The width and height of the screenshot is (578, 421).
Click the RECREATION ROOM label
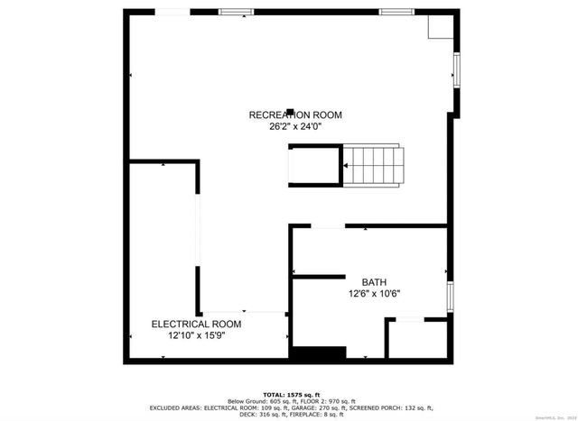295,114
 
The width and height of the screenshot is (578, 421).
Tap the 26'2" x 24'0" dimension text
295,127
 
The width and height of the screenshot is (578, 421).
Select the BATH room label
374,281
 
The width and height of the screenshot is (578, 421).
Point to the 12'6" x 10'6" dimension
374,293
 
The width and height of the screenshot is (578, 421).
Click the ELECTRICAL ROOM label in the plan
196,324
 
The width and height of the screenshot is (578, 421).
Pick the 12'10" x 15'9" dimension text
196,335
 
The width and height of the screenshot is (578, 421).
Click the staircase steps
373,165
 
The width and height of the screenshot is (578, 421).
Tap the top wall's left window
235,12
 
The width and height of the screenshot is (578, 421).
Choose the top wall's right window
396,12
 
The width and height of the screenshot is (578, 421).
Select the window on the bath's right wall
449,297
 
